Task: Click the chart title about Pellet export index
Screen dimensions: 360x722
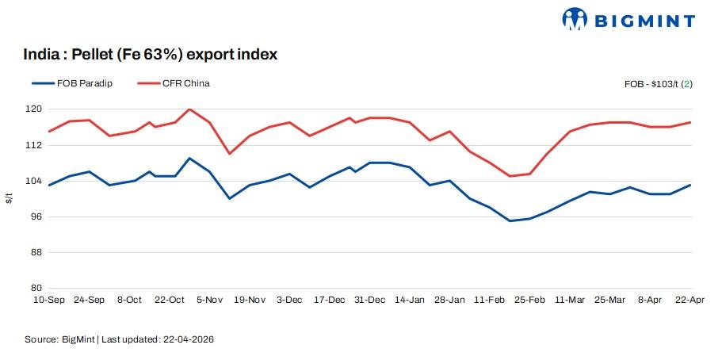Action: pos(151,55)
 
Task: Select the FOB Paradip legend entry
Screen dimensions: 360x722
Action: pos(72,83)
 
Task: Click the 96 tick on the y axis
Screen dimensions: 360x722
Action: pos(36,216)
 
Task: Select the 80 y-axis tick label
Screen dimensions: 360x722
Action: pos(36,288)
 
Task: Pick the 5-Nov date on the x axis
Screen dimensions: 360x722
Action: pos(209,300)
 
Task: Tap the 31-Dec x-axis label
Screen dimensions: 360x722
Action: pos(370,300)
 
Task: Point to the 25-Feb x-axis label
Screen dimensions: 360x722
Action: pos(530,300)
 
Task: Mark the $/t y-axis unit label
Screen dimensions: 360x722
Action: pos(9,198)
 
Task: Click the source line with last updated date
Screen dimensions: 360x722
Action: pos(120,339)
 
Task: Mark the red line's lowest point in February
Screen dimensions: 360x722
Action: pos(510,176)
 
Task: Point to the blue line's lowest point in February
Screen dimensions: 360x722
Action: pos(510,221)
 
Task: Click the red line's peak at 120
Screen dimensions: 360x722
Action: pos(189,109)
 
